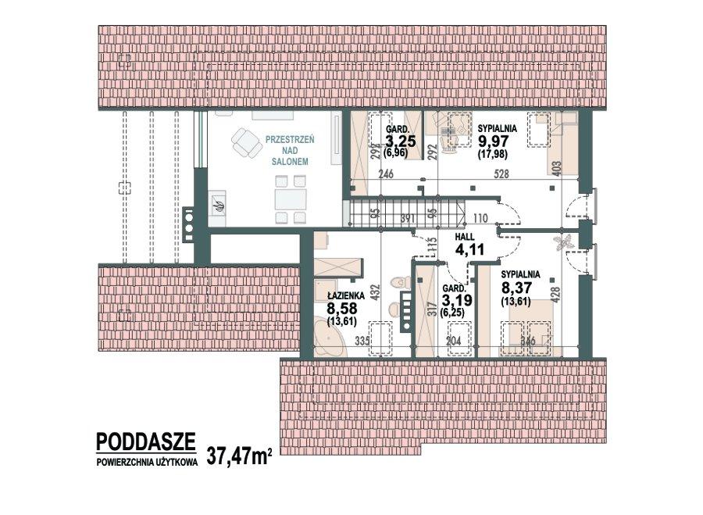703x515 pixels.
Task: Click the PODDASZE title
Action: (145, 442)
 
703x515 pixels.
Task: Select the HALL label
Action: (466, 238)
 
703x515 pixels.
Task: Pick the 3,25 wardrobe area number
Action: (400, 141)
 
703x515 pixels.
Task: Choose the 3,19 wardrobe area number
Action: (456, 299)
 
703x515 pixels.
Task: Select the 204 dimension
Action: (453, 341)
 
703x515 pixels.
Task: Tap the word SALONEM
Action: (290, 161)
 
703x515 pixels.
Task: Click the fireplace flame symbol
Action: (219, 206)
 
